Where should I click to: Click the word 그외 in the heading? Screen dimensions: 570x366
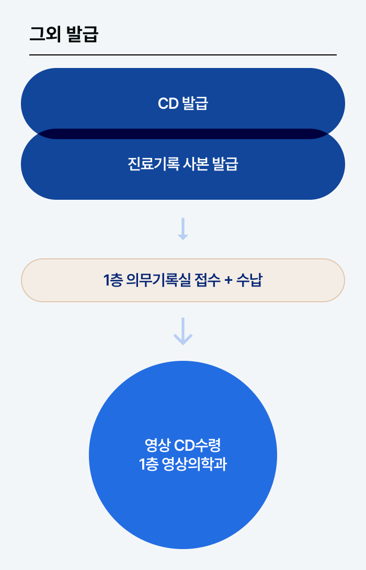point(44,35)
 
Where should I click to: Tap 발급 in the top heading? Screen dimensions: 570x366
point(83,35)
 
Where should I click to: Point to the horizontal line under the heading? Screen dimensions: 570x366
point(183,54)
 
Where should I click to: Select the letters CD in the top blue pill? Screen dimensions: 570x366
point(168,104)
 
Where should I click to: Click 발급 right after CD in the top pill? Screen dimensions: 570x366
point(195,104)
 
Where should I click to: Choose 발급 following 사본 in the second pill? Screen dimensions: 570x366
point(226,164)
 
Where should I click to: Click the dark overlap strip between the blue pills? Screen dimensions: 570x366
point(183,133)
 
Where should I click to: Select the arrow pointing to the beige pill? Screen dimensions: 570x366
point(182,229)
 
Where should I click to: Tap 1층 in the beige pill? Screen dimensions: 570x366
point(113,280)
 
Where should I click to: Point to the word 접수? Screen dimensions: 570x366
point(205,280)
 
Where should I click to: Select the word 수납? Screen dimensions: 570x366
point(249,280)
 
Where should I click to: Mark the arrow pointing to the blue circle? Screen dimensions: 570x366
point(183,331)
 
